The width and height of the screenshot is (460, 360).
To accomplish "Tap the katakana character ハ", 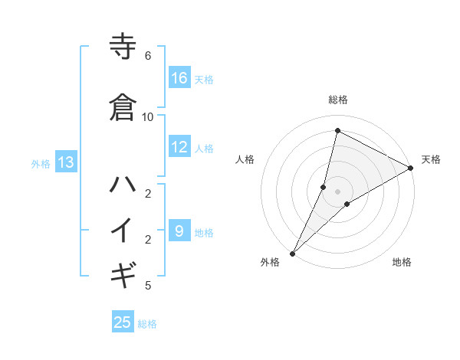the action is click(x=123, y=185).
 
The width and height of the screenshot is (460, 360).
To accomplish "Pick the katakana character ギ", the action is click(x=123, y=272).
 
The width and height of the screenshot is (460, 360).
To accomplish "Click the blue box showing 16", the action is click(x=179, y=79).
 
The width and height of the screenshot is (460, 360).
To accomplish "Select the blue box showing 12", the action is click(x=179, y=148).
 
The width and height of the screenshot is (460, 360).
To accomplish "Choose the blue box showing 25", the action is click(x=123, y=322).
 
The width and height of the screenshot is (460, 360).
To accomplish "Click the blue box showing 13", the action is click(x=66, y=162).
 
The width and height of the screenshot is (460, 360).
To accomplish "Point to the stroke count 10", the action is click(x=147, y=116).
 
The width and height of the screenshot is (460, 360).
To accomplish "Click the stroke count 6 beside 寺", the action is click(x=147, y=55).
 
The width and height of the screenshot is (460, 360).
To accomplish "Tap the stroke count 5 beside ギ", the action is click(x=147, y=286).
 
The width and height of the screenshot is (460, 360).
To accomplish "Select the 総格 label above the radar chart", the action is click(x=337, y=100).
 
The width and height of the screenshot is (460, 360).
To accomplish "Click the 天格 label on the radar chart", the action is click(x=431, y=159).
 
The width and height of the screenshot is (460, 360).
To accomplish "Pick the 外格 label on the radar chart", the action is click(x=270, y=263).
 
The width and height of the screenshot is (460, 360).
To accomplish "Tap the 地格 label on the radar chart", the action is click(x=402, y=263).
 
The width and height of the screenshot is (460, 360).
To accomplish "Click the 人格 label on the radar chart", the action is click(x=245, y=159).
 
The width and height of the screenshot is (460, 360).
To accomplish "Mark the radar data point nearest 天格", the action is click(x=410, y=168).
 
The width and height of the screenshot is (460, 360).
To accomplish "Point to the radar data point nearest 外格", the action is click(x=292, y=253).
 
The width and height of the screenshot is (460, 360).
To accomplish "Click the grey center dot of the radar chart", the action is click(x=337, y=191).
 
